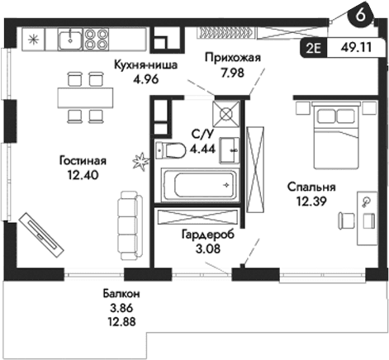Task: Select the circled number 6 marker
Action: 361,14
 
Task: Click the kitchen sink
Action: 71,37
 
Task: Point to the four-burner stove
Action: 97,37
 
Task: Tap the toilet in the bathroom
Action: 174,151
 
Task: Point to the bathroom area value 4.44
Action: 204,149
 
